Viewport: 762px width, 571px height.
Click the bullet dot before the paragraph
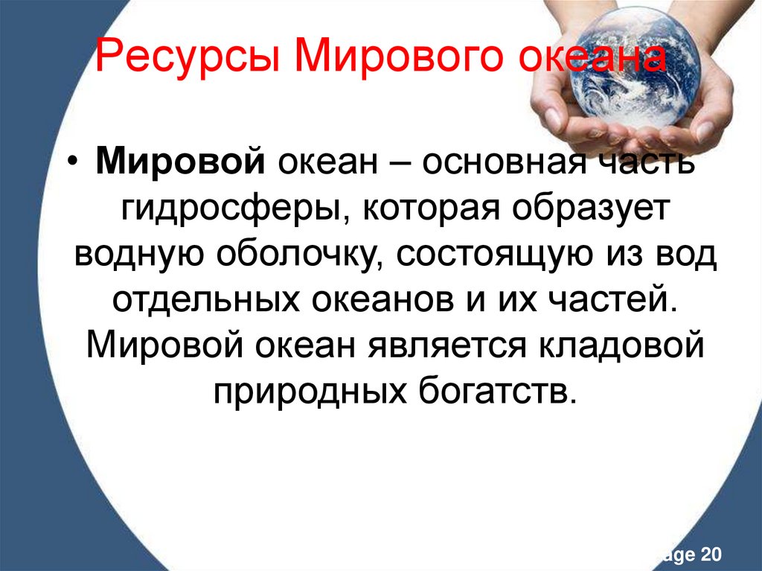(80, 164)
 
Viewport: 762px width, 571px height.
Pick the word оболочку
(301, 257)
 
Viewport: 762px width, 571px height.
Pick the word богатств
(492, 392)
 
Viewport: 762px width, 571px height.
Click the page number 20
(710, 554)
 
